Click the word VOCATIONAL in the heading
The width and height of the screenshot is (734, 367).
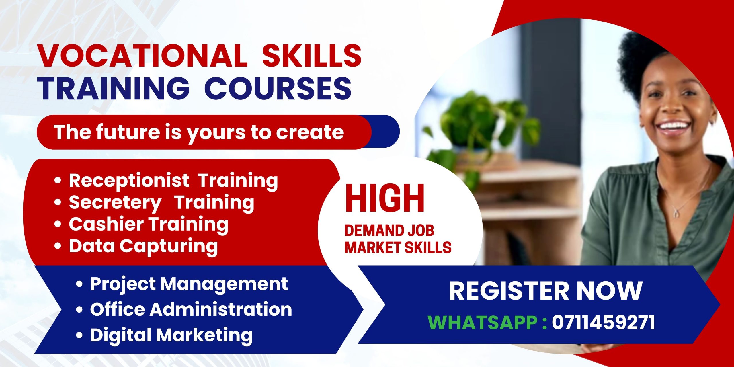click(142, 55)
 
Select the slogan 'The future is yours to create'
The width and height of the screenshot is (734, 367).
click(199, 132)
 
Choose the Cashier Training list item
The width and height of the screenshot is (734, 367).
click(149, 225)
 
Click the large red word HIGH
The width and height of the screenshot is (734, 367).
click(384, 198)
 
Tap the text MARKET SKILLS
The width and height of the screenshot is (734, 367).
click(398, 247)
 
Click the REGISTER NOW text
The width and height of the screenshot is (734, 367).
click(546, 291)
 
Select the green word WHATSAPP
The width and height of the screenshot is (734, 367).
click(483, 323)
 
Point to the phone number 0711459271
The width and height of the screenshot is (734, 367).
click(604, 323)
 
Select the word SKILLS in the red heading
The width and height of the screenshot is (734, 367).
click(312, 55)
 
